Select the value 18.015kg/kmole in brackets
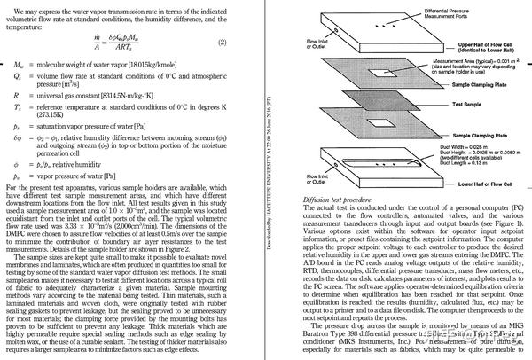160,67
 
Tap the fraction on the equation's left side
106,43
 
